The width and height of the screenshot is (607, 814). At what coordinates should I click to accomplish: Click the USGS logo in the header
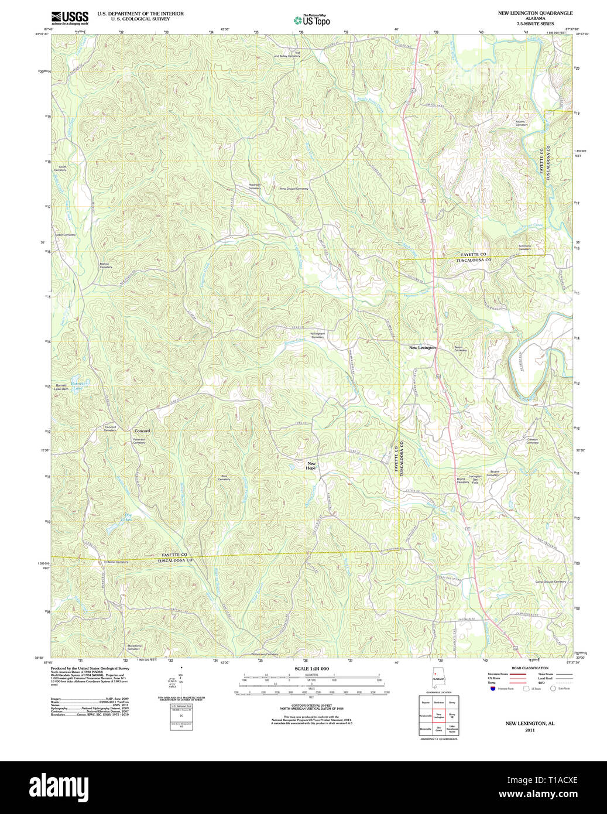pos(70,17)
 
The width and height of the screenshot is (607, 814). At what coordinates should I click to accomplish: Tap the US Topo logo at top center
pos(312,20)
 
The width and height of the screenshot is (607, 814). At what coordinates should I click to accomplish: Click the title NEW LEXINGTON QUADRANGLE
pos(535,13)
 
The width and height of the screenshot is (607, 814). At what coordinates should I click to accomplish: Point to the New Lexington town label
pos(422,348)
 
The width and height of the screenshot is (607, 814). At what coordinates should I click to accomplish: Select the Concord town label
pos(142,431)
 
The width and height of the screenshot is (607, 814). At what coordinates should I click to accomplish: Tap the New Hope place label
pos(311,466)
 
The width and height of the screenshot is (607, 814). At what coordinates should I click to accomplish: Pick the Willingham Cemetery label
pos(317,336)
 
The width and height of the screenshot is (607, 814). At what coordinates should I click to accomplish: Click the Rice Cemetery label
pos(224,478)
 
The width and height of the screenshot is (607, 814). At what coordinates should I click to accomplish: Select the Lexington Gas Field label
pos(475,480)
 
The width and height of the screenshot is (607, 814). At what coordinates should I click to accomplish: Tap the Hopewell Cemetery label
pos(254,186)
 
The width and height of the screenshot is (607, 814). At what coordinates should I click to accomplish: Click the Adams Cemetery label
pos(521,123)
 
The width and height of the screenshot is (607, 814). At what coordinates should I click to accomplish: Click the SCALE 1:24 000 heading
pos(311,669)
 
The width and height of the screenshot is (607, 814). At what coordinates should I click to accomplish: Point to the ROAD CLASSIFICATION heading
pos(530,668)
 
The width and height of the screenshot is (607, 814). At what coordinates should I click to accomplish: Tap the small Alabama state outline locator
pos(437,678)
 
